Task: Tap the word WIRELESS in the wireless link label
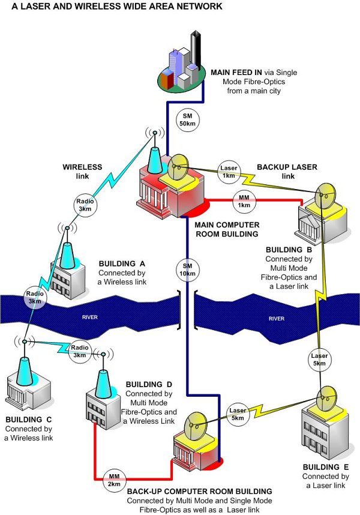coord(82,167)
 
